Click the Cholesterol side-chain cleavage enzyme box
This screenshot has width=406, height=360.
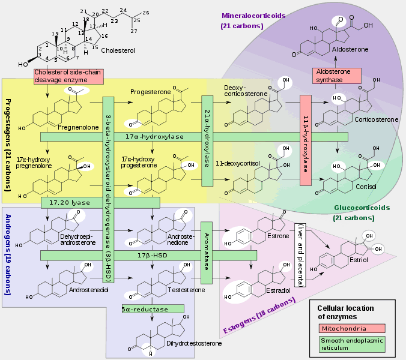point(68,76)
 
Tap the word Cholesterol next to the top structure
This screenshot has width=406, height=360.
point(118,51)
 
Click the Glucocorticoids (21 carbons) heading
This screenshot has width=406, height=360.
point(362,212)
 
